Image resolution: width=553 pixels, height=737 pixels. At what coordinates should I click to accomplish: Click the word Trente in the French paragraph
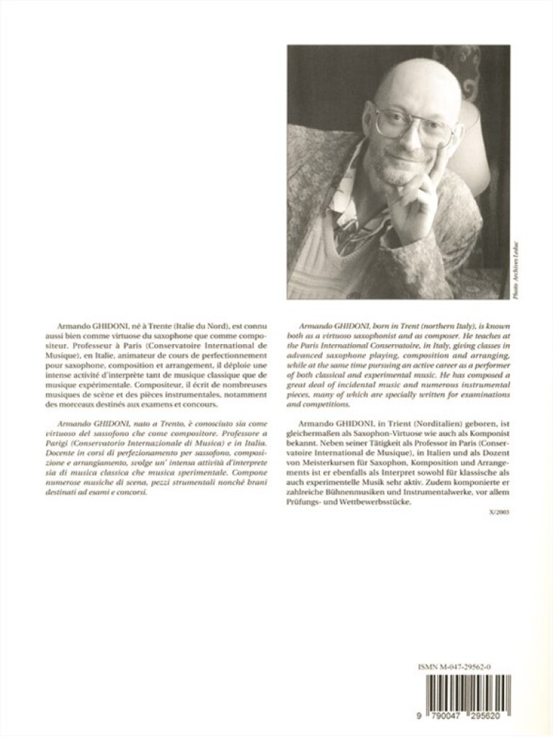click(160, 326)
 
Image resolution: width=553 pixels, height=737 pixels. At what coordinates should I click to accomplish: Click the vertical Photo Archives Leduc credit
click(516, 270)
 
